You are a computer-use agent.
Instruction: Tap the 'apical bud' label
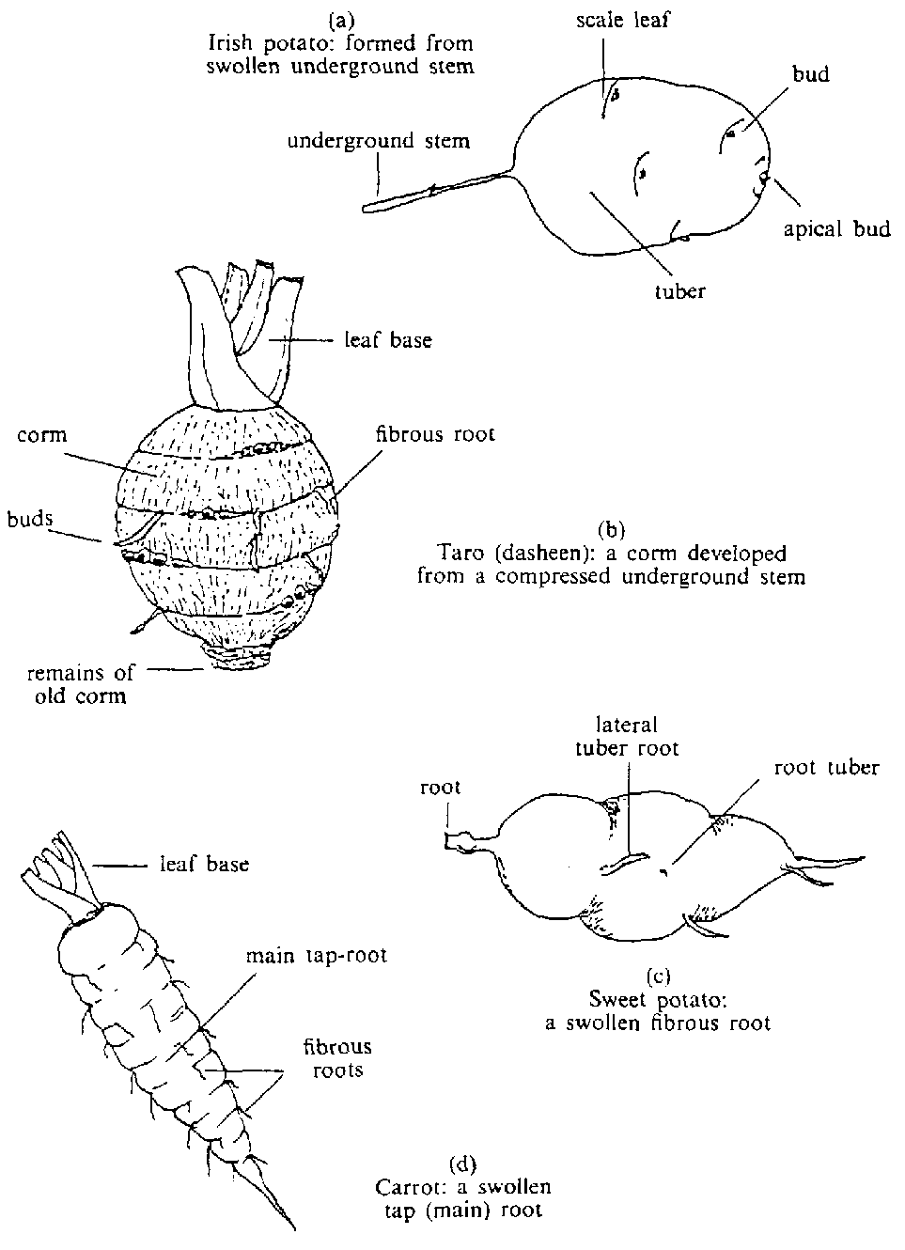tap(836, 228)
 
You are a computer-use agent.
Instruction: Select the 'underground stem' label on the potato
tap(378, 142)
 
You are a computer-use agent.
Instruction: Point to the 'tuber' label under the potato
tap(679, 290)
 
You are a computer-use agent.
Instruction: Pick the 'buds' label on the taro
tap(29, 519)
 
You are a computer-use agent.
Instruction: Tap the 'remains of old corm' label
tap(80, 684)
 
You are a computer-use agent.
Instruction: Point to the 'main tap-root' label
tap(316, 956)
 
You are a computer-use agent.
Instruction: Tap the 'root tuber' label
tap(826, 767)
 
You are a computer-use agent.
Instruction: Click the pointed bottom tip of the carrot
tap(294, 1227)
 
